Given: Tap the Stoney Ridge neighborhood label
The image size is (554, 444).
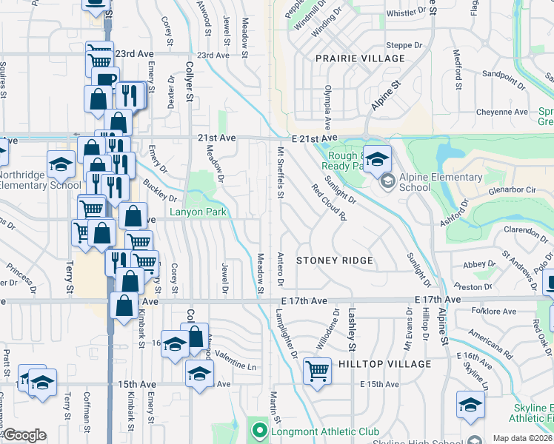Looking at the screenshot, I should click(334, 261).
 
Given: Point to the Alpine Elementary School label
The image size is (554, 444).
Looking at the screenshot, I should click(441, 182).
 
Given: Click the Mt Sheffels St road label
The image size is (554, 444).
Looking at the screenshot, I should click(281, 172).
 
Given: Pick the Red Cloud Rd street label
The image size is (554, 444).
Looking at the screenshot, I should click(330, 202).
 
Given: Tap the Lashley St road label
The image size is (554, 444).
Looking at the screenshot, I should click(352, 329).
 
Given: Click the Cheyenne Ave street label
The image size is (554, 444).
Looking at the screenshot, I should click(502, 112).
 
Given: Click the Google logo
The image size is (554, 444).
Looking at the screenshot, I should click(24, 435).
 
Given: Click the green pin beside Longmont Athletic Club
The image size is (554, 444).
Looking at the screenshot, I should click(258, 430).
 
